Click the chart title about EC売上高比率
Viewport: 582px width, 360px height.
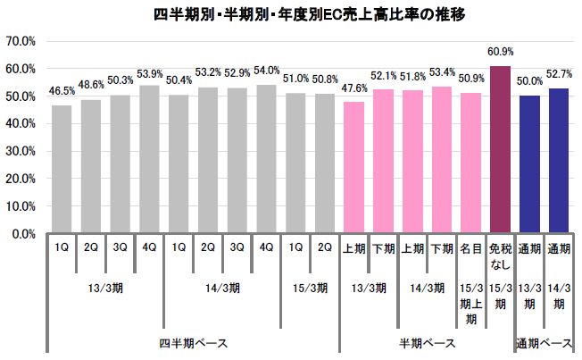[291, 14]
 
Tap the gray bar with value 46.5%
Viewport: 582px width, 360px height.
[62, 169]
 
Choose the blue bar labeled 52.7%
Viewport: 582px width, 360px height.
[559, 161]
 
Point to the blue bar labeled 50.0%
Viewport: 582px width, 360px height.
[530, 164]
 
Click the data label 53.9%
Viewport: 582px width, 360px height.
[150, 74]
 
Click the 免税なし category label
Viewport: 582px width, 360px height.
[501, 256]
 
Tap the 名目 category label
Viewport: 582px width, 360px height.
[471, 249]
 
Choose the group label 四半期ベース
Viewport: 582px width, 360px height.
[193, 343]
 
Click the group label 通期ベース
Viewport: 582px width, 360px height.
[545, 343]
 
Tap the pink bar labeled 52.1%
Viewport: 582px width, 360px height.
[384, 162]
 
